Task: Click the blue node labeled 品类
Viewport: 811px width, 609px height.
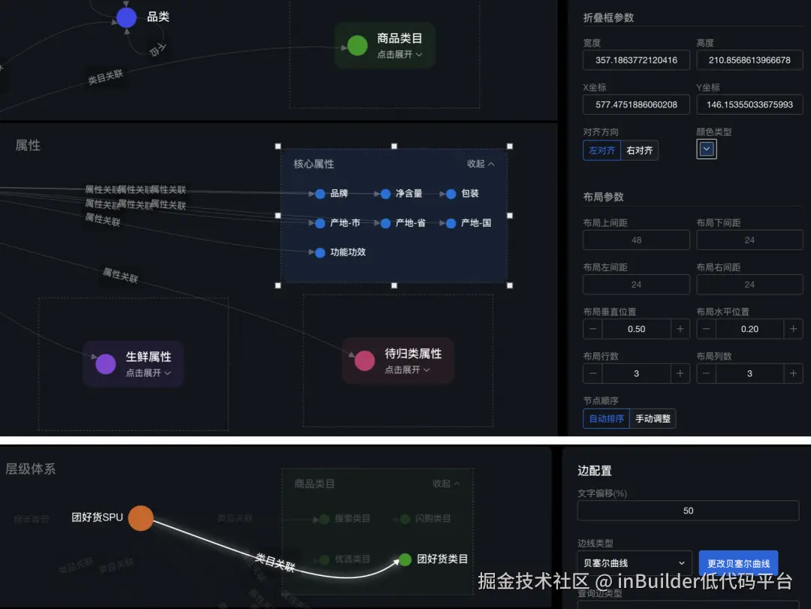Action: tap(127, 17)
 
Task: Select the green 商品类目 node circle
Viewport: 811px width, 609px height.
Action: tap(357, 45)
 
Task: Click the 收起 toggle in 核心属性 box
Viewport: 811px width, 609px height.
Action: tap(481, 164)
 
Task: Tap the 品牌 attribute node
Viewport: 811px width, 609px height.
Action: tap(321, 194)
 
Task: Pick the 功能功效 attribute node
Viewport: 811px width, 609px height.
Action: tap(321, 252)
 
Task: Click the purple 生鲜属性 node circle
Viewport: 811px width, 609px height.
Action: tap(106, 364)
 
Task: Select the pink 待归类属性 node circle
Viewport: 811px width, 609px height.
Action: tap(364, 360)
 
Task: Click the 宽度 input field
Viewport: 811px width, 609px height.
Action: tap(636, 60)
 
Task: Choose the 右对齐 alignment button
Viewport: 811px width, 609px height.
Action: tap(640, 150)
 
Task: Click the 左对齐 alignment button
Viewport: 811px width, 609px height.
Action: tap(601, 150)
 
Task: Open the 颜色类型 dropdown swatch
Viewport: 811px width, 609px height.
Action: tap(707, 149)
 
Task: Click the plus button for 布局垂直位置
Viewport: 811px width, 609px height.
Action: tap(680, 329)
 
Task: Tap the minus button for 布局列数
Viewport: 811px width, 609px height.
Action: tap(707, 373)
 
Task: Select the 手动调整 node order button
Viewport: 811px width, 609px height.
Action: tap(653, 418)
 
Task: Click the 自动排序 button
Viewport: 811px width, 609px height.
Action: tap(606, 418)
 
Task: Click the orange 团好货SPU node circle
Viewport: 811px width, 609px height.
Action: tap(140, 518)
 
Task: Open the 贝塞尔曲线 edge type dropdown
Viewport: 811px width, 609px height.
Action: tap(635, 562)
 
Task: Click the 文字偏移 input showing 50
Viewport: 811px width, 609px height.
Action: tap(688, 511)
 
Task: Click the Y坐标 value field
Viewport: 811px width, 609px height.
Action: tap(749, 104)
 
